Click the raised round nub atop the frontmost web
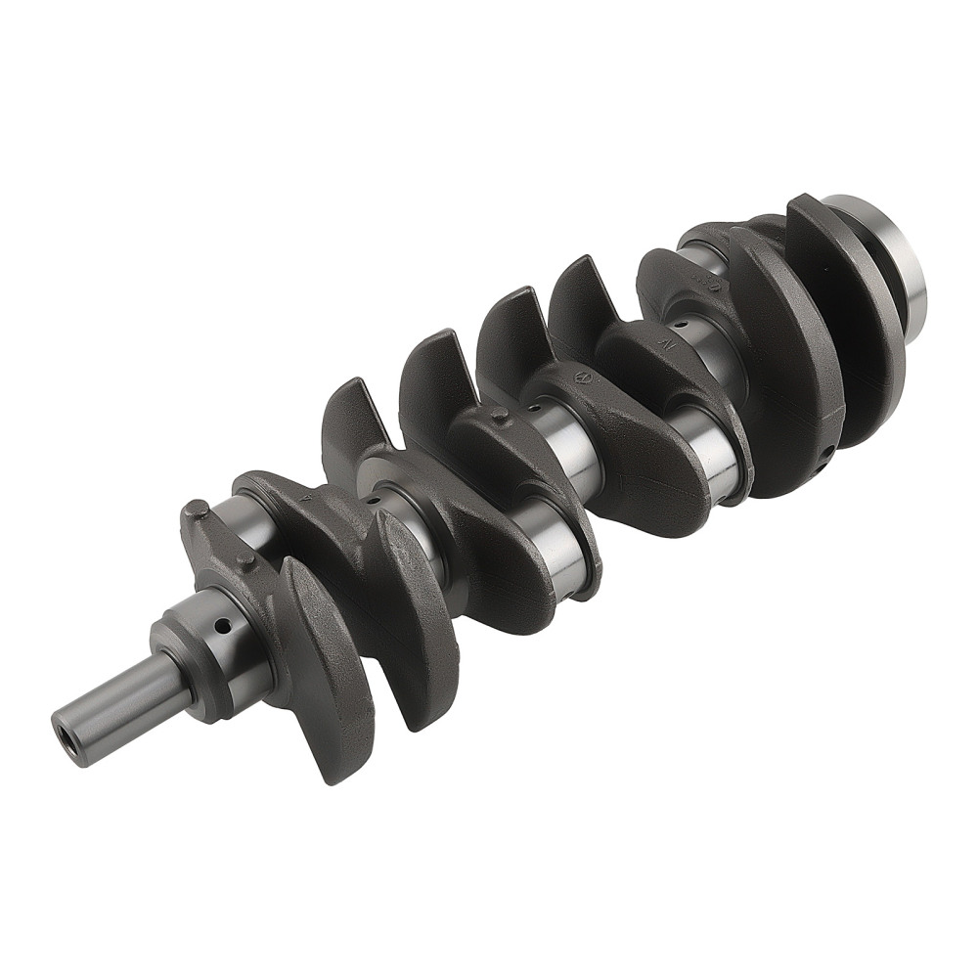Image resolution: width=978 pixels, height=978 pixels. coord(196,510)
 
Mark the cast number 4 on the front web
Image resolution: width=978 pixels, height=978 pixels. coord(308,498)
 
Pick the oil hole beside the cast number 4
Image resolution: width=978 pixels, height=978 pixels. coord(373,500)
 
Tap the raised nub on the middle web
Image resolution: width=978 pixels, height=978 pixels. coord(500,417)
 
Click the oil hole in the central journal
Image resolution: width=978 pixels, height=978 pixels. coord(535,403)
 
